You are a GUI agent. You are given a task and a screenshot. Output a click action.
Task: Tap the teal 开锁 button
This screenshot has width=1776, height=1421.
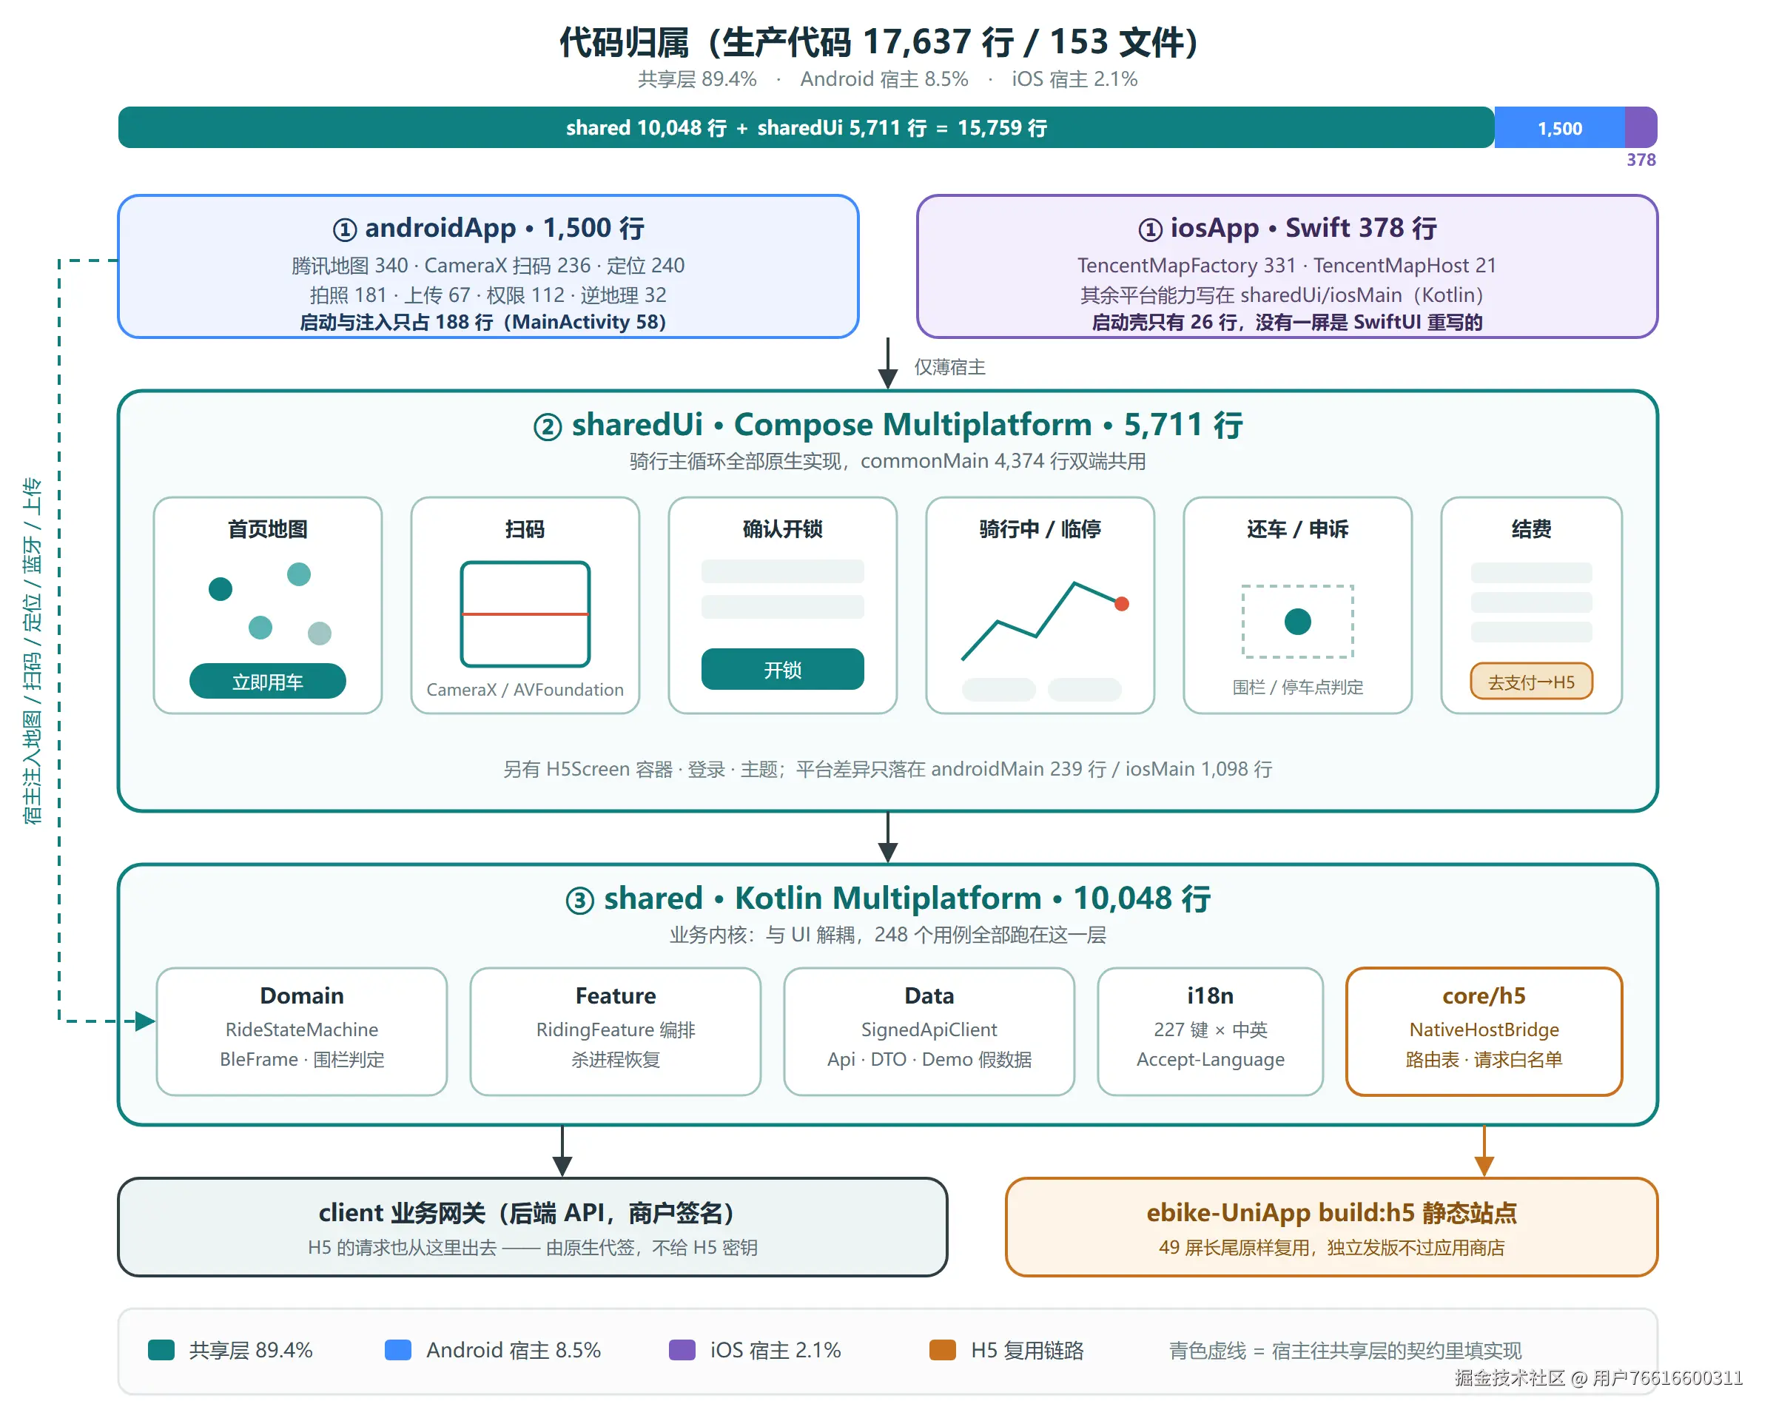pos(783,670)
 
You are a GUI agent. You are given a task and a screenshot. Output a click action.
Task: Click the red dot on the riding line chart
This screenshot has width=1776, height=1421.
pos(1121,604)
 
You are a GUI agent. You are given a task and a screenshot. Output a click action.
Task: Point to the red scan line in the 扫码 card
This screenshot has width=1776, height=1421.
pos(525,614)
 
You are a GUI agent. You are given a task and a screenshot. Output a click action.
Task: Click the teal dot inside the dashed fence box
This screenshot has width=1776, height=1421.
pos(1297,621)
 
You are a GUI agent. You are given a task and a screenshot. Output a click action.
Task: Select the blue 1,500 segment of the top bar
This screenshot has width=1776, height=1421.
pos(1559,128)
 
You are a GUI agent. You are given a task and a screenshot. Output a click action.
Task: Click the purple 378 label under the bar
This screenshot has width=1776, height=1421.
pos(1641,160)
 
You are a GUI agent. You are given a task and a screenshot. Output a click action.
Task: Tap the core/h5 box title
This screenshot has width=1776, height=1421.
pos(1484,996)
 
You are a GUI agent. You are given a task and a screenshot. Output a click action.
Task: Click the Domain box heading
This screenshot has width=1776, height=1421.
pos(301,996)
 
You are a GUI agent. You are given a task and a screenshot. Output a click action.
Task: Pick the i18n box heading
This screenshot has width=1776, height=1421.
pos(1210,996)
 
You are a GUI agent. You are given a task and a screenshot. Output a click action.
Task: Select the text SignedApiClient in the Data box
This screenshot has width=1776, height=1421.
pos(929,1029)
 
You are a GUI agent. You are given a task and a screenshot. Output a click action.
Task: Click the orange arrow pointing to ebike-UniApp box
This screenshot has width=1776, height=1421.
pos(1484,1152)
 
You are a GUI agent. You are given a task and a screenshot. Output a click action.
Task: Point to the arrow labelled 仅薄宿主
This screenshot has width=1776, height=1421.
pos(888,363)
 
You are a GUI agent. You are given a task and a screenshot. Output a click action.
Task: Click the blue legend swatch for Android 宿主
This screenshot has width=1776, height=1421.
pos(398,1350)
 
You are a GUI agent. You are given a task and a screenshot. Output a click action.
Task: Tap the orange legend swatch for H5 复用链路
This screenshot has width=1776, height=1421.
pos(942,1350)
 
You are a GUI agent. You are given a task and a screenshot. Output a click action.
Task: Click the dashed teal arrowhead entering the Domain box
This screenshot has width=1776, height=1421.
pos(146,1021)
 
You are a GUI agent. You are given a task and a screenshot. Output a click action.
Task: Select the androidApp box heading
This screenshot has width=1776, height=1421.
pos(488,228)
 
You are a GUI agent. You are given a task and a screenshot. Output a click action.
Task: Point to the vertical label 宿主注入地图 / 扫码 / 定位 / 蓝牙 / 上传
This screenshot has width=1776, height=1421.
pos(32,651)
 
